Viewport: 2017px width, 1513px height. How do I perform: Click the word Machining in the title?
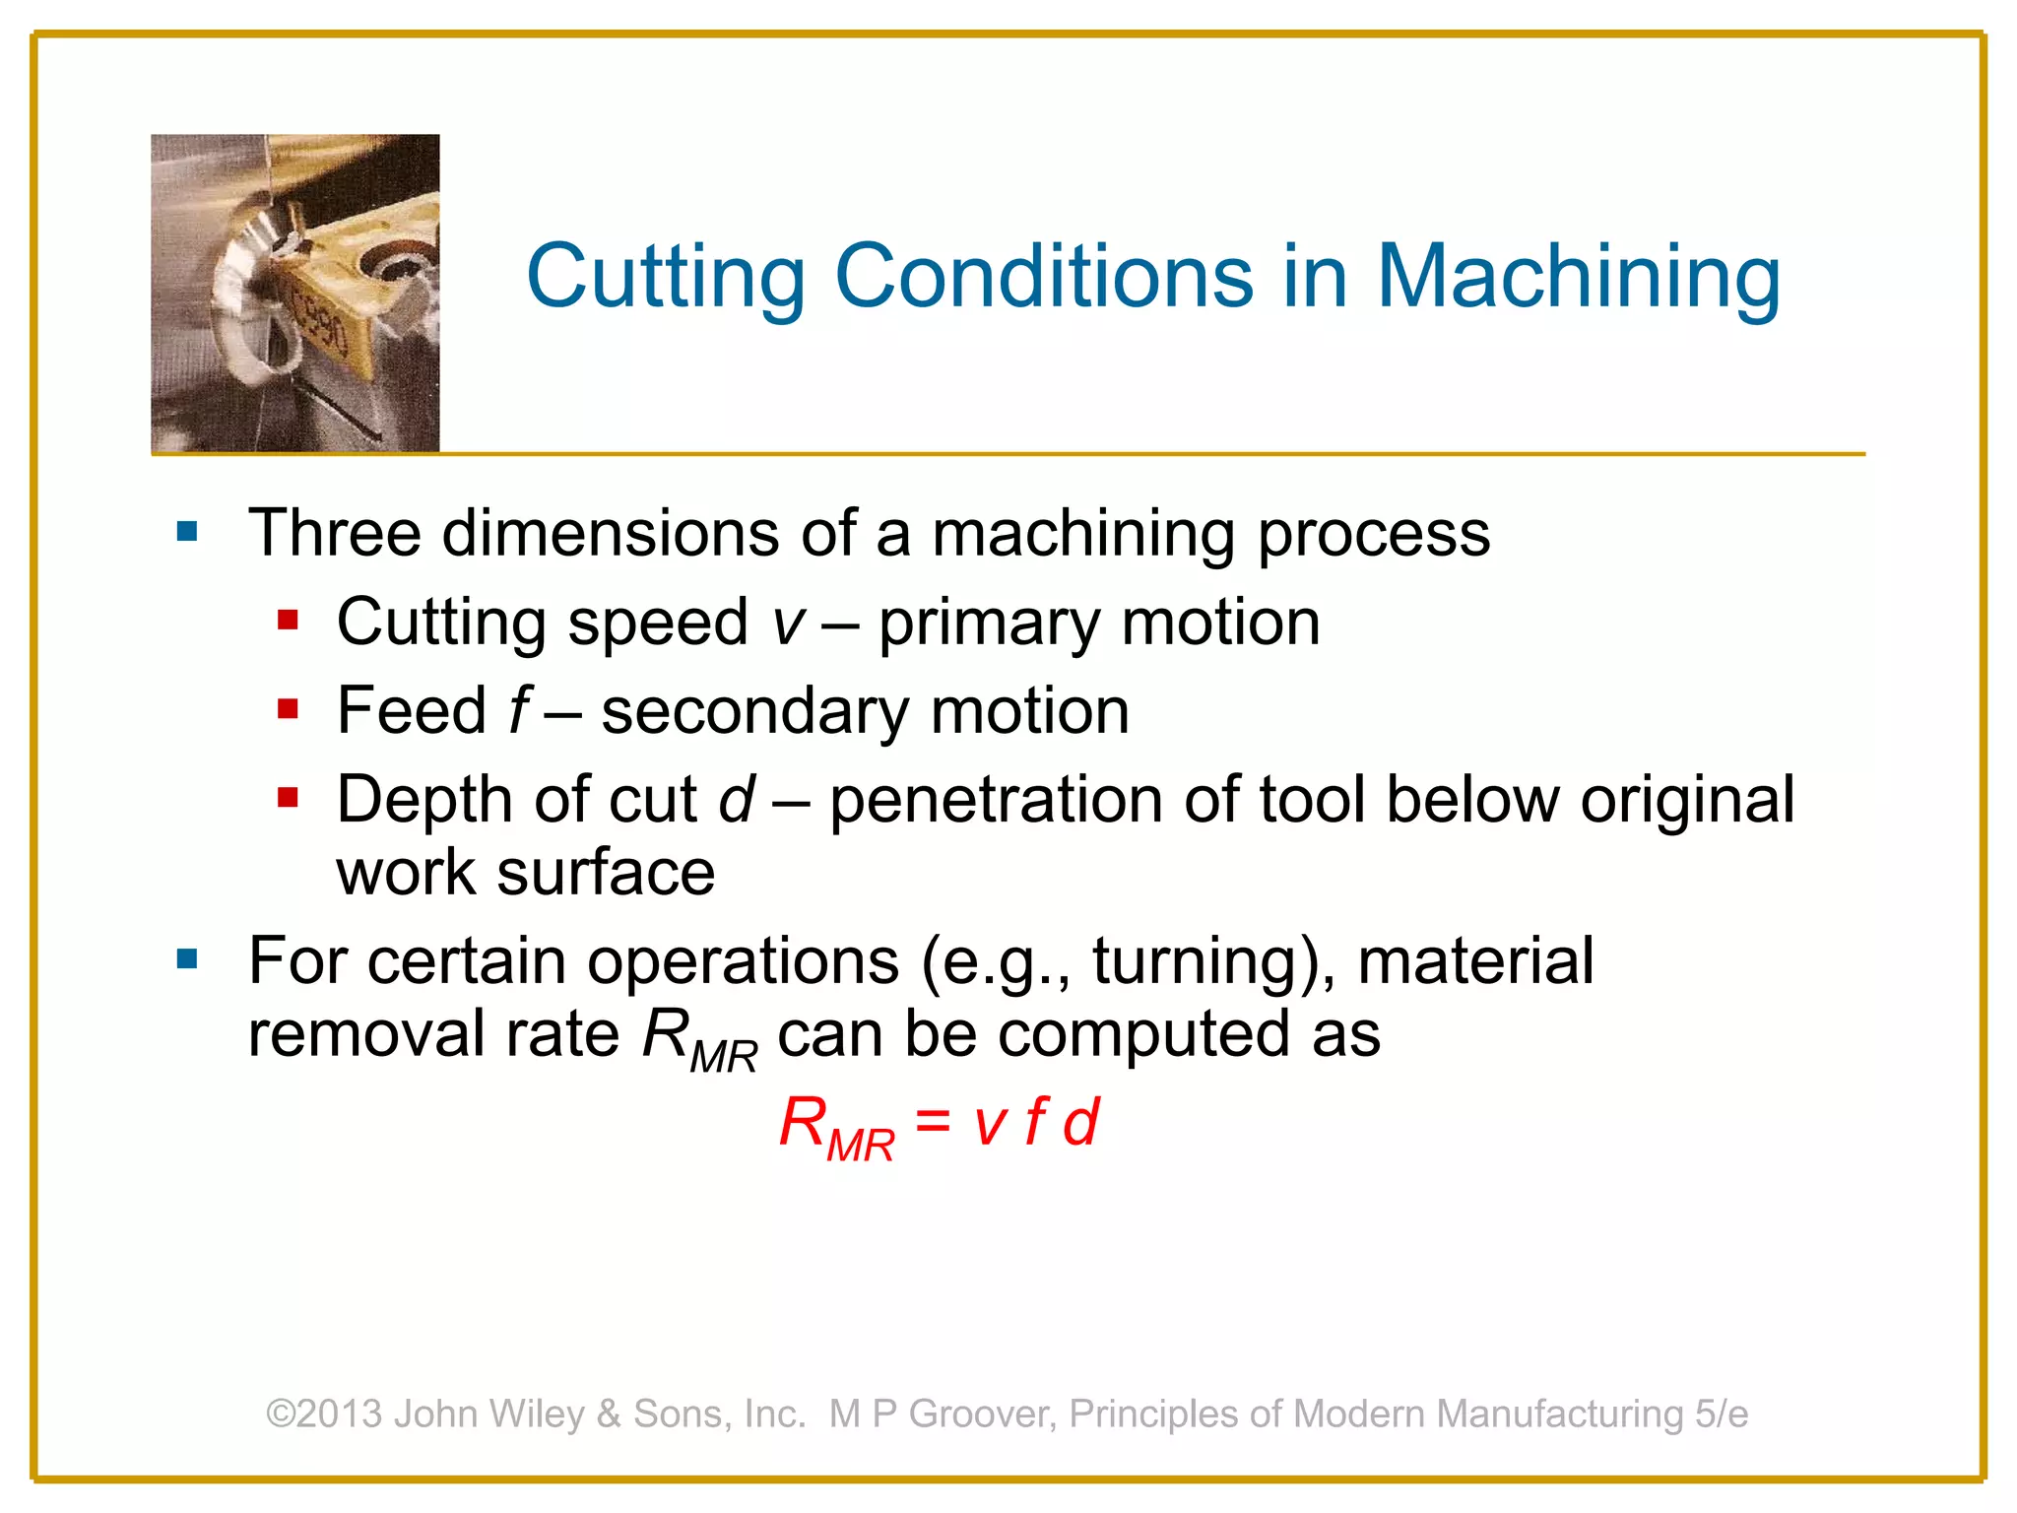(1578, 278)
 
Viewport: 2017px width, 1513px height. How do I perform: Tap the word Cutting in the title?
(666, 278)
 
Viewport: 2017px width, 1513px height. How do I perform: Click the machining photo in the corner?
(294, 293)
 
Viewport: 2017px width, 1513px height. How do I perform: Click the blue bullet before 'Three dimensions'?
(187, 533)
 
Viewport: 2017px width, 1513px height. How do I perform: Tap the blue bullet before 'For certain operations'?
(187, 958)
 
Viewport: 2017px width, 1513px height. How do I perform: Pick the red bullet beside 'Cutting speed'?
(288, 621)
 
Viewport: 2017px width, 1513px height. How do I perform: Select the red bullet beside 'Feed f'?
(288, 709)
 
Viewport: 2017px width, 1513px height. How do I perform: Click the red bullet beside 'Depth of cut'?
(288, 797)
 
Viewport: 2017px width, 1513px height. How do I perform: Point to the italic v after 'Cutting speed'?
(788, 625)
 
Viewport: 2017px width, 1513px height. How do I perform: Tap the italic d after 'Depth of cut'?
(737, 799)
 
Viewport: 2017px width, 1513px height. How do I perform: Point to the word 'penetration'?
(996, 799)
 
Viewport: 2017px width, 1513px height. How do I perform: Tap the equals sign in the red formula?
(933, 1122)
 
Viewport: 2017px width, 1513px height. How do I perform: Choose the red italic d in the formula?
(1079, 1122)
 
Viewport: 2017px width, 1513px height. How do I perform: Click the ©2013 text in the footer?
(324, 1414)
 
